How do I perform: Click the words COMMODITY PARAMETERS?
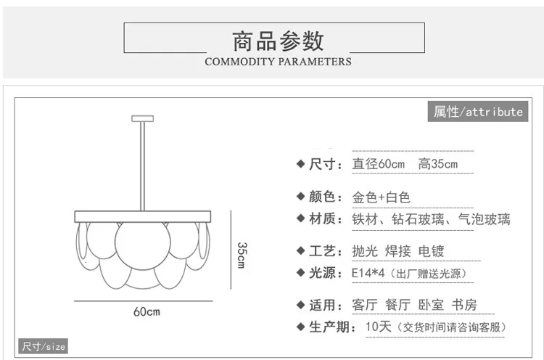click(278, 62)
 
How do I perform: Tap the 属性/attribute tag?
click(477, 112)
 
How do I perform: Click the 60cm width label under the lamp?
click(146, 311)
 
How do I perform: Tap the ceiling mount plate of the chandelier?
click(142, 118)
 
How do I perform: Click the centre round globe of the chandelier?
click(143, 244)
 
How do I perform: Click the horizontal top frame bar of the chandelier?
click(143, 216)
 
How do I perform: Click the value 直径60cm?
click(378, 164)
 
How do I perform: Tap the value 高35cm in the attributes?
click(438, 164)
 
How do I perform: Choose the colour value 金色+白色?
click(381, 197)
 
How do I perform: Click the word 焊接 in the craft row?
click(398, 252)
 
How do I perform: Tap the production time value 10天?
click(378, 327)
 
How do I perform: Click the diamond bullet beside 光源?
click(300, 273)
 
